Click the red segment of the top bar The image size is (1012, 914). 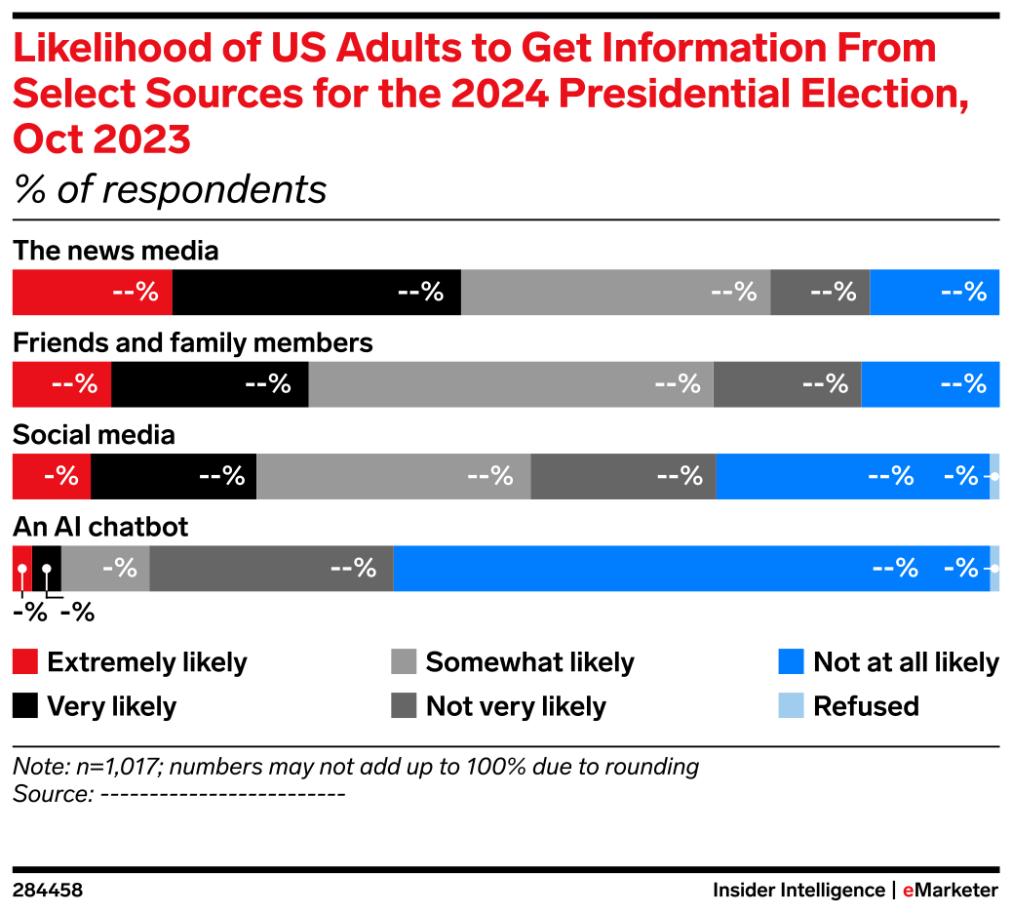click(92, 293)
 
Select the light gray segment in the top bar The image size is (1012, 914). click(615, 293)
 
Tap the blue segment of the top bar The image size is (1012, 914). click(934, 293)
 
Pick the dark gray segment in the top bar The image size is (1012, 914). click(820, 293)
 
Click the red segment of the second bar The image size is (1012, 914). click(60, 384)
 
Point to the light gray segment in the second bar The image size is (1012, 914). click(511, 384)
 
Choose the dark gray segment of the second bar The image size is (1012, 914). click(787, 384)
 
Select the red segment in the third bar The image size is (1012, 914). click(51, 476)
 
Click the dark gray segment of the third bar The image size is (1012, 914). click(623, 476)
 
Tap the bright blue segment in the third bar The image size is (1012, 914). click(852, 476)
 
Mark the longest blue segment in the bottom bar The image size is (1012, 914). click(690, 569)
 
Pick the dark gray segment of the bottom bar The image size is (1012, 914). click(271, 569)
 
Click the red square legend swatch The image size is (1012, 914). click(25, 661)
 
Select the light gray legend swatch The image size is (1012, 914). click(404, 661)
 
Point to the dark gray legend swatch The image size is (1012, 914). click(404, 705)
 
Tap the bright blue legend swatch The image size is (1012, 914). click(791, 661)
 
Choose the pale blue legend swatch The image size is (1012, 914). click(791, 705)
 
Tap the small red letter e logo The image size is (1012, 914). click(908, 891)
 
